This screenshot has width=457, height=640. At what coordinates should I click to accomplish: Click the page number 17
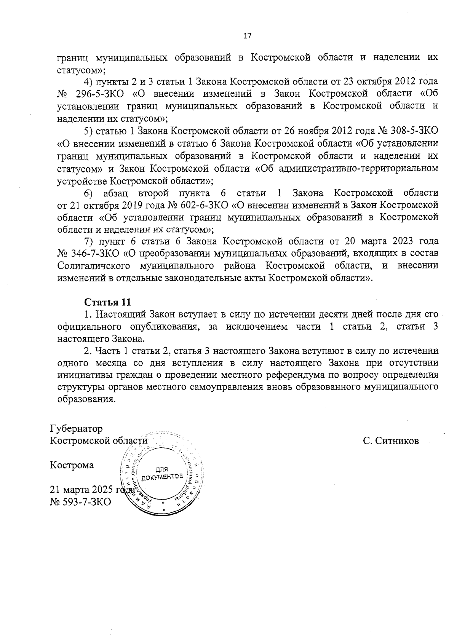(247, 36)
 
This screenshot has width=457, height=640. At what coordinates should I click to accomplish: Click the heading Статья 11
(107, 302)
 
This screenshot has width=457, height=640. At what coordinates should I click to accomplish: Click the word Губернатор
(76, 429)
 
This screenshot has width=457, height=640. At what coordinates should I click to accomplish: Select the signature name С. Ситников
(391, 441)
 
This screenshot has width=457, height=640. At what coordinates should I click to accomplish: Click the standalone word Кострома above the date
(72, 465)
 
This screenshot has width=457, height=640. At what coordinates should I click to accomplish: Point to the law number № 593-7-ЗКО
(80, 502)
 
